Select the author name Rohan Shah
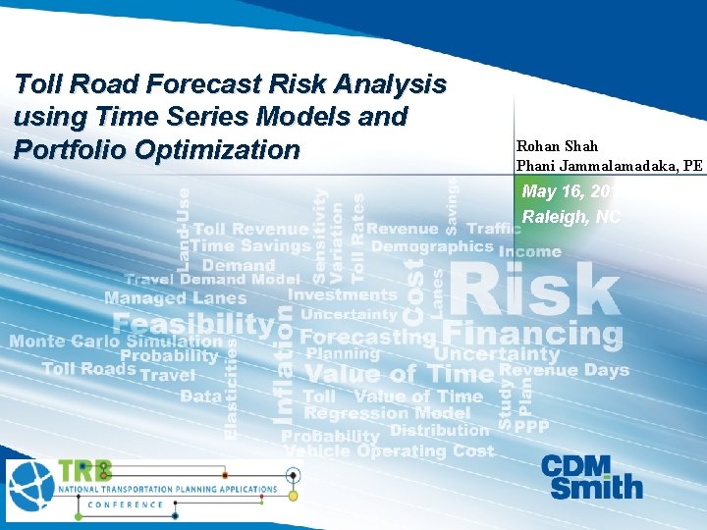(557, 146)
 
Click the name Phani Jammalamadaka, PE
(609, 166)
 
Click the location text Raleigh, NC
(571, 217)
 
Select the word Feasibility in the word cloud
(193, 323)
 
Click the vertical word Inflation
(284, 363)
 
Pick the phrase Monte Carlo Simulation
(102, 341)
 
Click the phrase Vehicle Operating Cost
(389, 450)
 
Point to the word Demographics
(431, 246)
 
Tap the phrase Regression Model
(387, 413)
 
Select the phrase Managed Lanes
(176, 297)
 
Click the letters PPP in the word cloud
(531, 427)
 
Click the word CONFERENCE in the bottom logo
(125, 504)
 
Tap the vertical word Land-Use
(184, 229)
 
